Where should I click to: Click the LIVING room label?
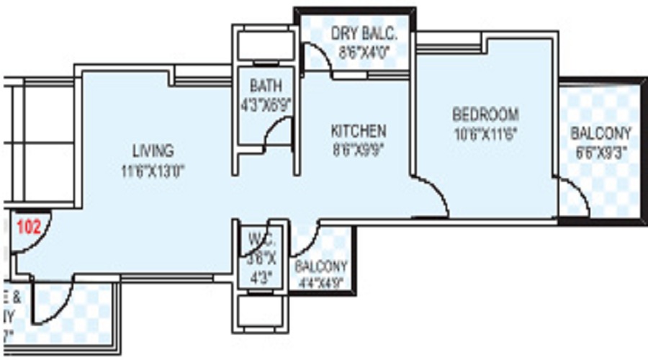click(x=153, y=151)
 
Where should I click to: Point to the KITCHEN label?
click(x=358, y=132)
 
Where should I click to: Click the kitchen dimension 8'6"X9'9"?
click(x=358, y=150)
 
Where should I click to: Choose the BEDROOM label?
click(x=485, y=114)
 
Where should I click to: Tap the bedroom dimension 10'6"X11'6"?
click(x=485, y=132)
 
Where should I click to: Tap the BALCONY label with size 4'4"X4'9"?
click(x=321, y=266)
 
